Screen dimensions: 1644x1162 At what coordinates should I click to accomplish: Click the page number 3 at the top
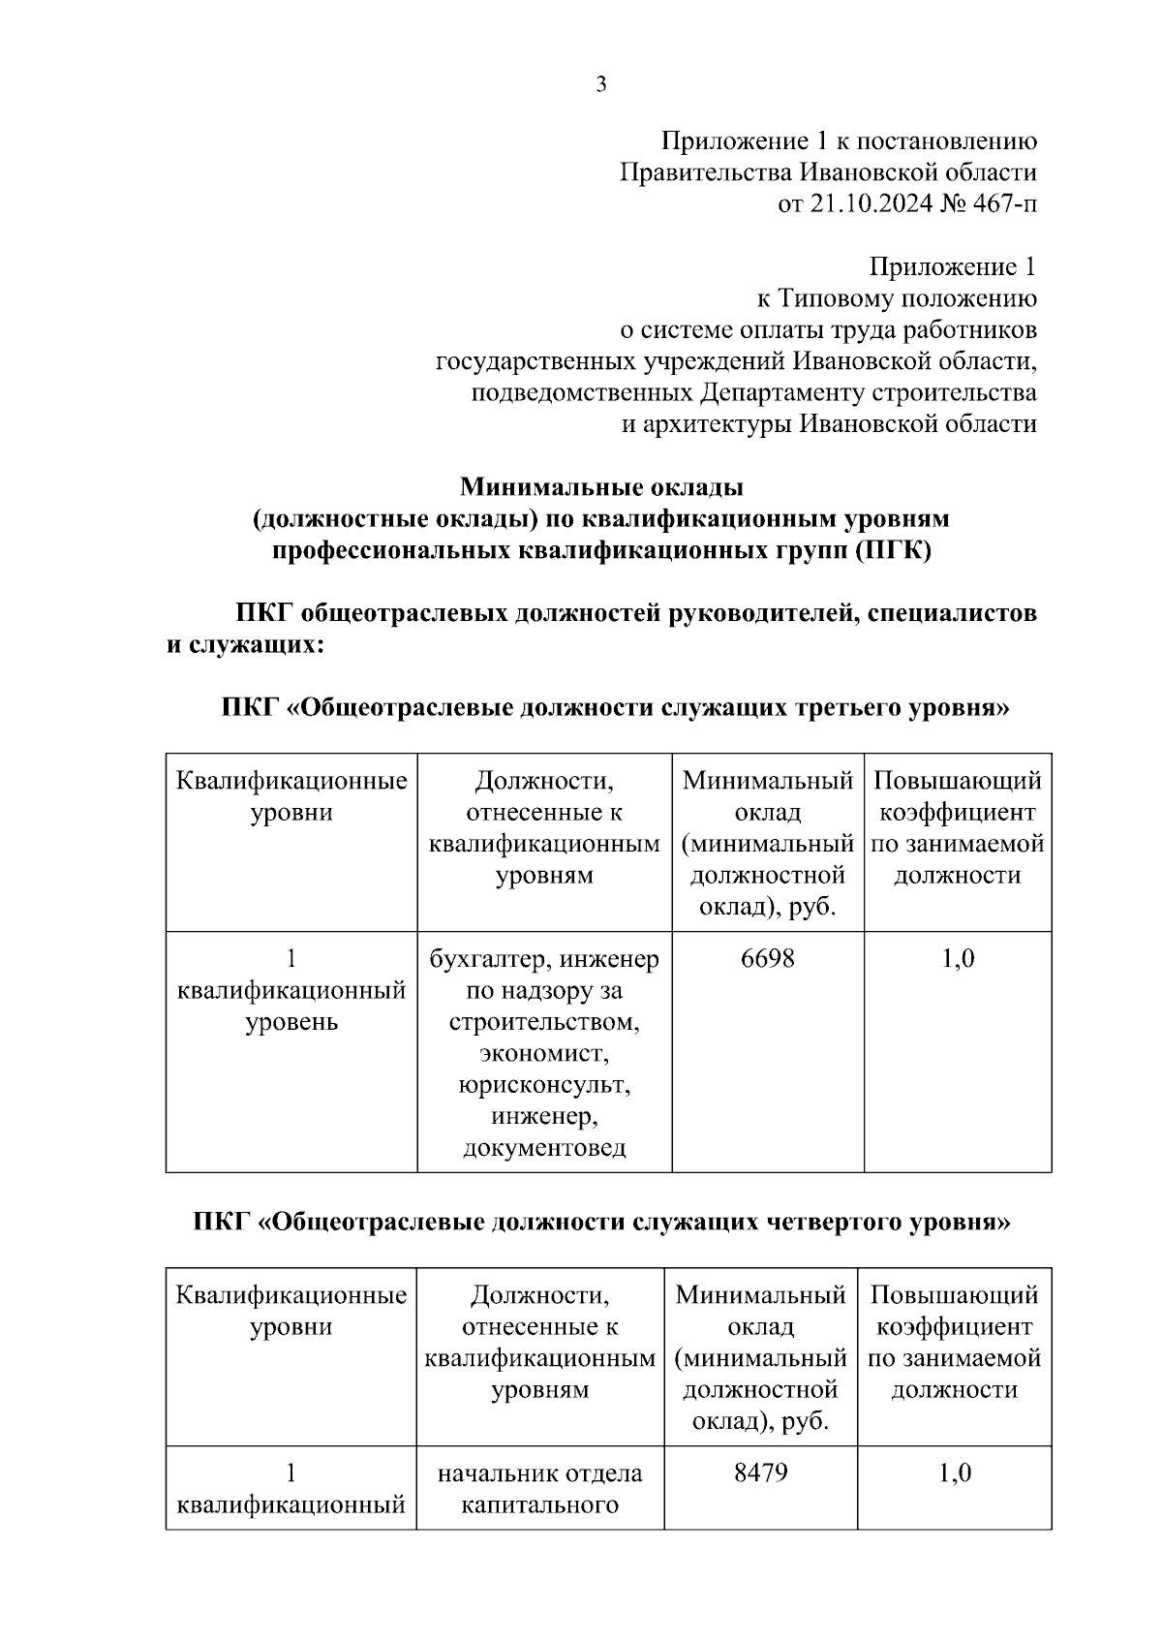tap(600, 85)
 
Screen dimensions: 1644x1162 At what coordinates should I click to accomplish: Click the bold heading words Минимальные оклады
tap(600, 486)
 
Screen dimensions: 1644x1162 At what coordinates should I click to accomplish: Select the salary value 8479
tap(760, 1473)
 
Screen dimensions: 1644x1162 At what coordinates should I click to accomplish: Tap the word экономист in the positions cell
tap(544, 1053)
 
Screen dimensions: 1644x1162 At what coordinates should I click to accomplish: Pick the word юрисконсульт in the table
tap(544, 1085)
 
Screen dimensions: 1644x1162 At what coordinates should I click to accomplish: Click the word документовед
tap(544, 1148)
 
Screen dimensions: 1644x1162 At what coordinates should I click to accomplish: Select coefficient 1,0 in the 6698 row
tap(957, 958)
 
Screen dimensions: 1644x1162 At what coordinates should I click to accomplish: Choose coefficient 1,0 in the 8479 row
tap(954, 1473)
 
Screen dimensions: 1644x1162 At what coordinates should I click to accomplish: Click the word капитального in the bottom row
tap(539, 1504)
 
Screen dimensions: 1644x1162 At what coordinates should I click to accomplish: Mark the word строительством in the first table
tap(544, 1022)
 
